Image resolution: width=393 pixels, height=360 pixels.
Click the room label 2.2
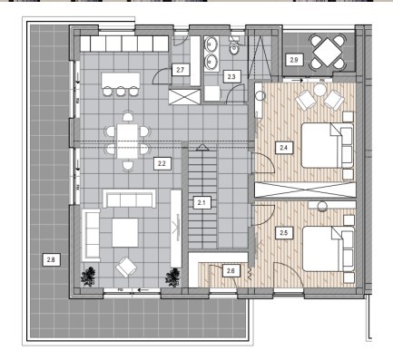[x=162, y=163]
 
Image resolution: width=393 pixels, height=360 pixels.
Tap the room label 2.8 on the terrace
[x=51, y=259]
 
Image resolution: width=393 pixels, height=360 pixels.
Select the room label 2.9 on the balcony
[x=294, y=60]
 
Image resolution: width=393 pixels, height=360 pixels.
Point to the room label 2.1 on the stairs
[x=201, y=202]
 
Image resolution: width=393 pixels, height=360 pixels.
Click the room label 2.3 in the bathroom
[x=231, y=76]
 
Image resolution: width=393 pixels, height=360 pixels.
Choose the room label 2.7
[x=181, y=70]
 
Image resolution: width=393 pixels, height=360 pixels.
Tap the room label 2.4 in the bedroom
[x=284, y=148]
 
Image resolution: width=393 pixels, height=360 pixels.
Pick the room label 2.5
[x=284, y=233]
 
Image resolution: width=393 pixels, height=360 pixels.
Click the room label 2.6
[x=231, y=271]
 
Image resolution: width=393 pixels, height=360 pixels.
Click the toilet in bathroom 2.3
[x=234, y=47]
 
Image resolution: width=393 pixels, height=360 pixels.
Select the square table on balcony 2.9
[x=328, y=52]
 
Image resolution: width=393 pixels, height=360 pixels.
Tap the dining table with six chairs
[x=127, y=141]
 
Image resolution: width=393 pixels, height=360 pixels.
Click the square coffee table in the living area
[x=125, y=233]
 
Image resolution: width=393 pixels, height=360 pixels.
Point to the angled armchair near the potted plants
[x=126, y=267]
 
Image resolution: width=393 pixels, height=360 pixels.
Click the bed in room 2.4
[x=328, y=145]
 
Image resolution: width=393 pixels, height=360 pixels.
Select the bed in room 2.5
[x=328, y=248]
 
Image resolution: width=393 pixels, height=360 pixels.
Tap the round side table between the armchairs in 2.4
[x=319, y=90]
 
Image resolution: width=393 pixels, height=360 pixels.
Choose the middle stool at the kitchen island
[x=121, y=91]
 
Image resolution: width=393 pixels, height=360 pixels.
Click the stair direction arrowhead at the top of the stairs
[x=202, y=147]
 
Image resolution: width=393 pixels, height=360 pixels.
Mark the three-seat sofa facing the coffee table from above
[x=129, y=199]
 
